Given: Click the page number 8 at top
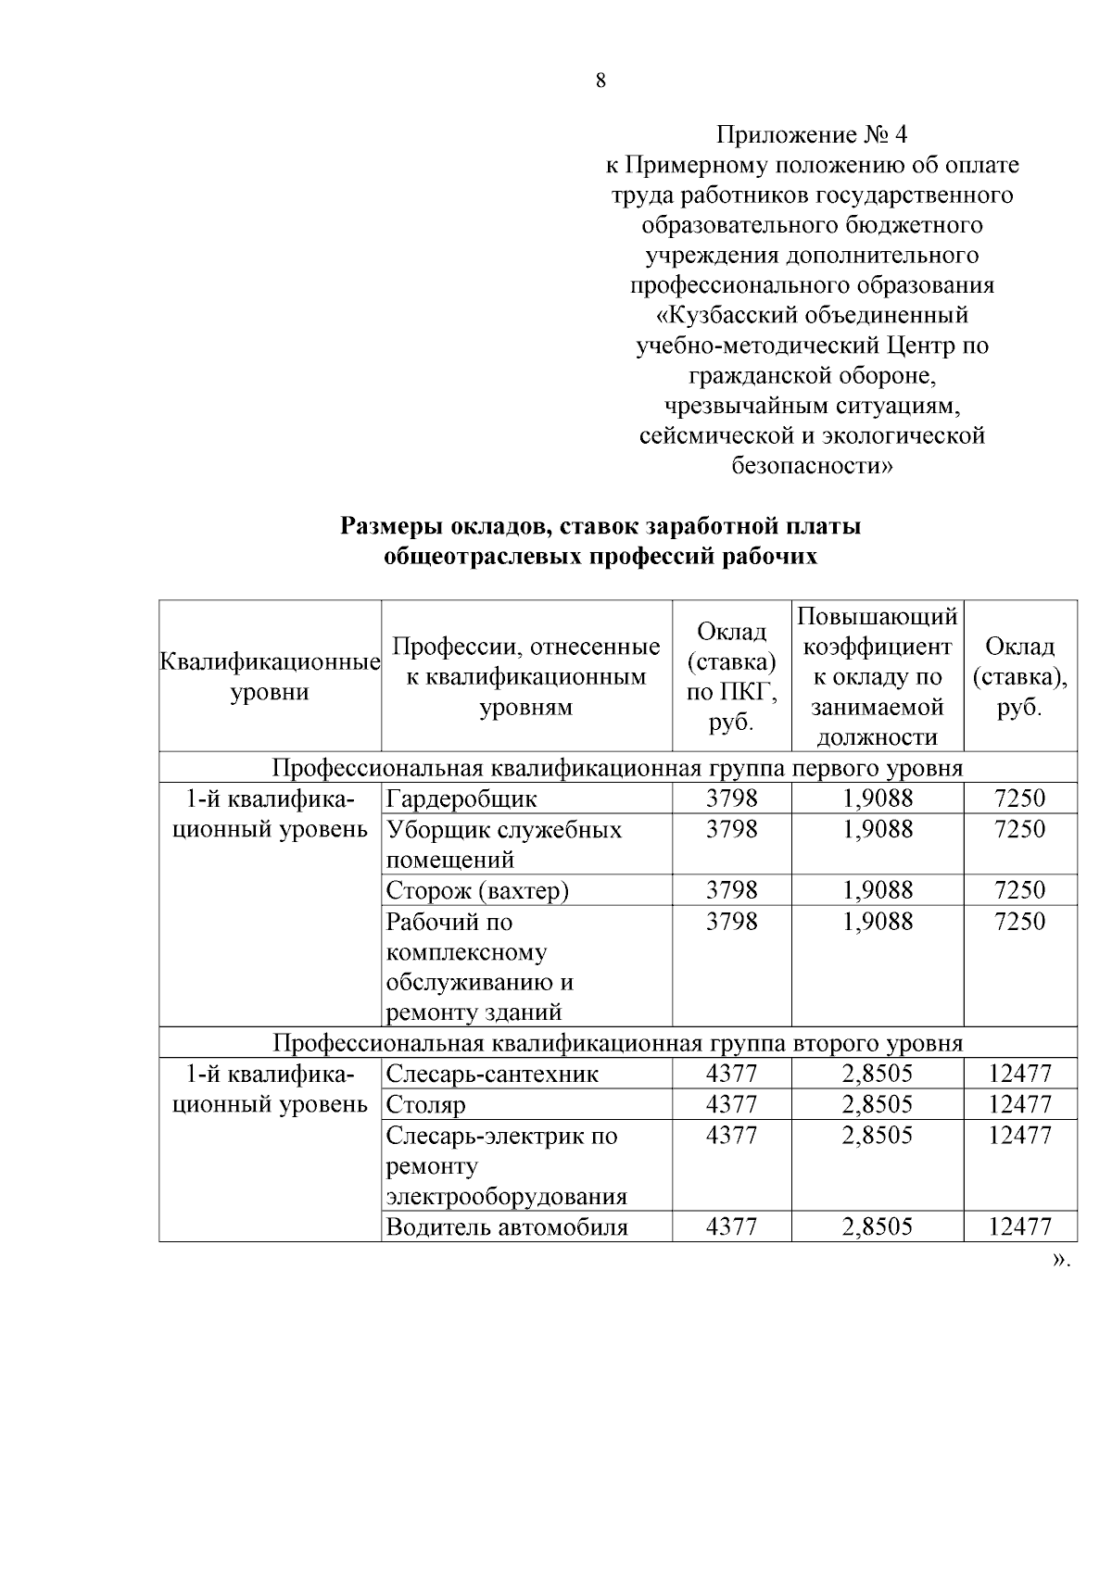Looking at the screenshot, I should coord(600,81).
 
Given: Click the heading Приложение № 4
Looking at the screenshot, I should coord(812,135).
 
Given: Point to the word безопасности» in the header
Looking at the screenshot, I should coord(812,465).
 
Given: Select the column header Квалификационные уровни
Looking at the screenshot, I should coord(270,677).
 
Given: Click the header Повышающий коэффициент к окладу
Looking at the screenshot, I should coord(877,677).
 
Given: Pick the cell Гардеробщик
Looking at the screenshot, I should coord(461,799).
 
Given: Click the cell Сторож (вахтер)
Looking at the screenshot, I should coord(477,890).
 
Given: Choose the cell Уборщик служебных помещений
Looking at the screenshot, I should coord(503,844).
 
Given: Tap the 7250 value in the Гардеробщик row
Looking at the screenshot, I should coord(1019,799).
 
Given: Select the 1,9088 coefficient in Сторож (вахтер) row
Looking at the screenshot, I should coord(877,890).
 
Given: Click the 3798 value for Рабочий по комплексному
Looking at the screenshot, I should coord(731,922).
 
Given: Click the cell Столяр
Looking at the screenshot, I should coord(426,1104).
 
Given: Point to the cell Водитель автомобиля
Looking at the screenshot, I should coord(507,1227).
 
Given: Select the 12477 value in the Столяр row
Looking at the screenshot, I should coord(1019,1104).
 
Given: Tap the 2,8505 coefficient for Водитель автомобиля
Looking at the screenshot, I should coord(877,1227).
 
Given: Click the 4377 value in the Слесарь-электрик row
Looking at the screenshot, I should coord(731,1136).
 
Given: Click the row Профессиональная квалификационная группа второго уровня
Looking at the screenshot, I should coord(617,1043).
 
